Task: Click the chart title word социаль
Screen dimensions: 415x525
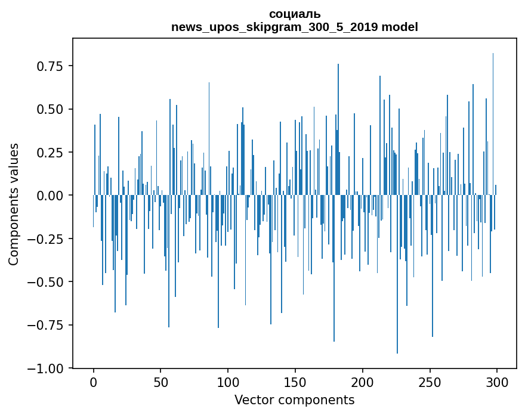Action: [294, 14]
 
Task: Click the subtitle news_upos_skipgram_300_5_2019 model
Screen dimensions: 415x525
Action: [294, 27]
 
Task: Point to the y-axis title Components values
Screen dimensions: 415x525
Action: [13, 204]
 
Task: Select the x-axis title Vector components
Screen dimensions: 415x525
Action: [294, 400]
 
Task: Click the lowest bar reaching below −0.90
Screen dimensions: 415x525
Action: [397, 340]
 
